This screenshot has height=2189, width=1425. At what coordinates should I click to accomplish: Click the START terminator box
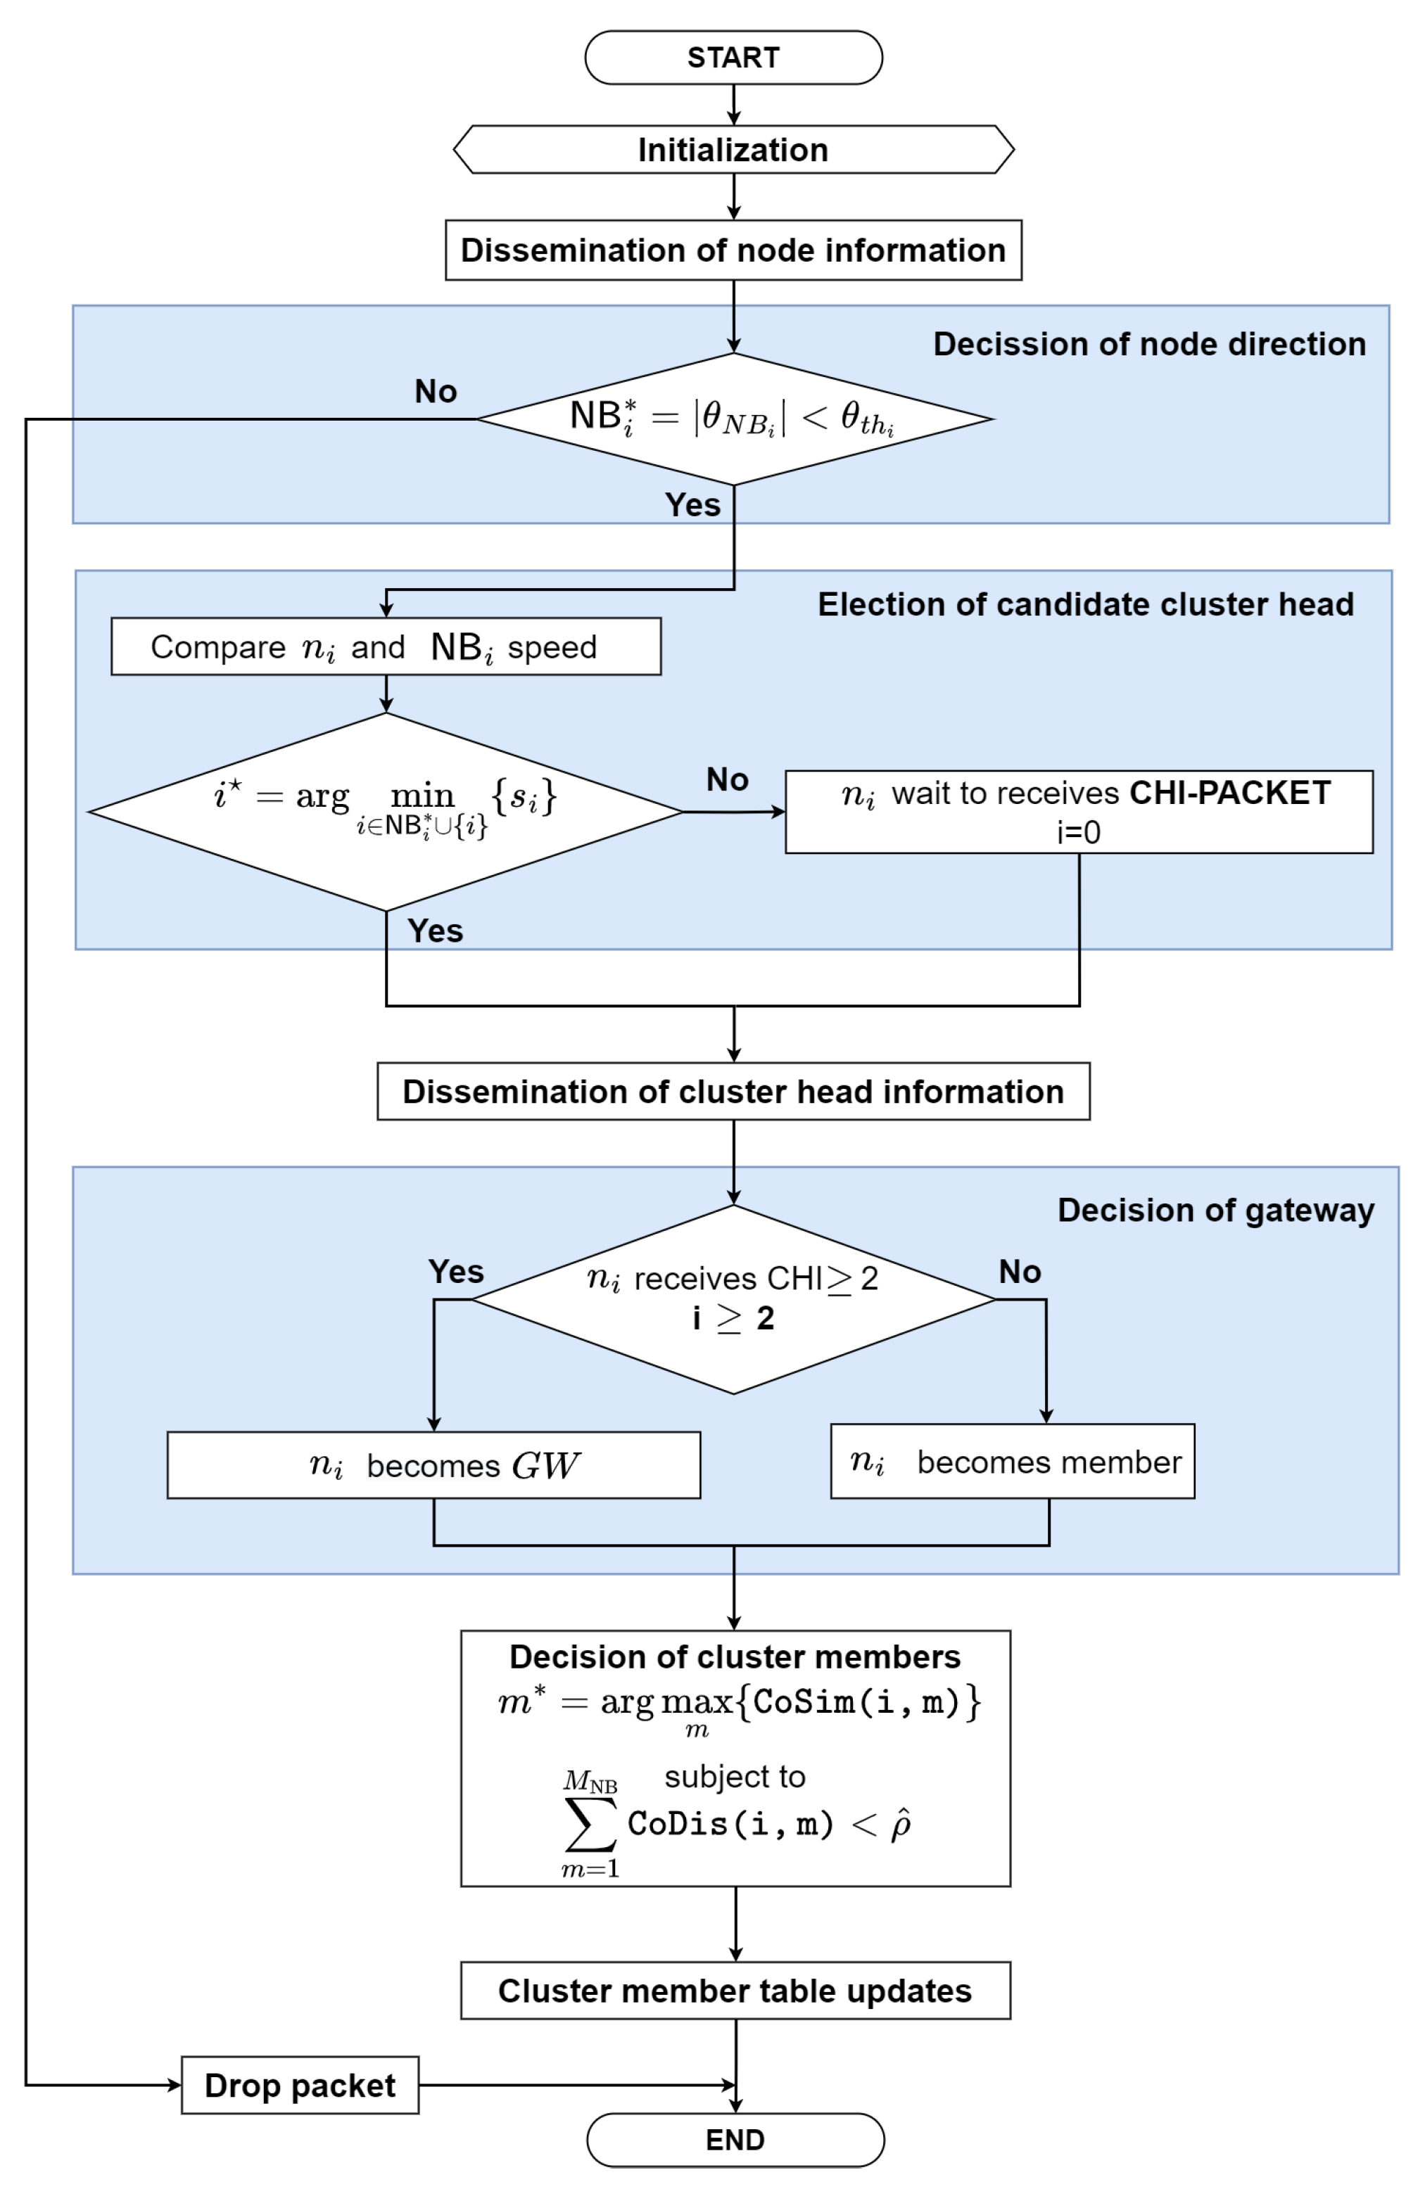pyautogui.click(x=733, y=57)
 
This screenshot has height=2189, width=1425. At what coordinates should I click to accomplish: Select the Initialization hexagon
pyautogui.click(x=733, y=149)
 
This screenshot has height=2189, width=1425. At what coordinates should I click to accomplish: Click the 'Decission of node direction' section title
pyautogui.click(x=1149, y=343)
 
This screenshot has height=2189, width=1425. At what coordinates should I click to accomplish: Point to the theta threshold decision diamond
pyautogui.click(x=733, y=419)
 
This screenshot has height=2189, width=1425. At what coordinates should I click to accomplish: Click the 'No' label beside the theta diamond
pyautogui.click(x=435, y=391)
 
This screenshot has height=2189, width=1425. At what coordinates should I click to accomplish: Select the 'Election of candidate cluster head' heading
pyautogui.click(x=1086, y=604)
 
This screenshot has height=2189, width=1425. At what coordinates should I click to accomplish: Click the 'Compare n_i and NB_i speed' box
pyautogui.click(x=386, y=646)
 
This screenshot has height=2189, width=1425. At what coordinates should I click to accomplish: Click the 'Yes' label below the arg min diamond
pyautogui.click(x=435, y=931)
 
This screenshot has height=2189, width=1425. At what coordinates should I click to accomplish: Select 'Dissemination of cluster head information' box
pyautogui.click(x=733, y=1091)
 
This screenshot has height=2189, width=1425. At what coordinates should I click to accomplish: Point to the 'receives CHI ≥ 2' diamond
pyautogui.click(x=733, y=1298)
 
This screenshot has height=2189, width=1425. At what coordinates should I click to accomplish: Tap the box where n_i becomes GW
pyautogui.click(x=433, y=1465)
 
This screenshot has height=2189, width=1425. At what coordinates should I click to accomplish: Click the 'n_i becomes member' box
pyautogui.click(x=1012, y=1462)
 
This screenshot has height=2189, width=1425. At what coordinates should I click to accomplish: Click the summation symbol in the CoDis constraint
pyautogui.click(x=590, y=1824)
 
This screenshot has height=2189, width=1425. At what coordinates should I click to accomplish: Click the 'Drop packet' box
pyautogui.click(x=300, y=2085)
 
